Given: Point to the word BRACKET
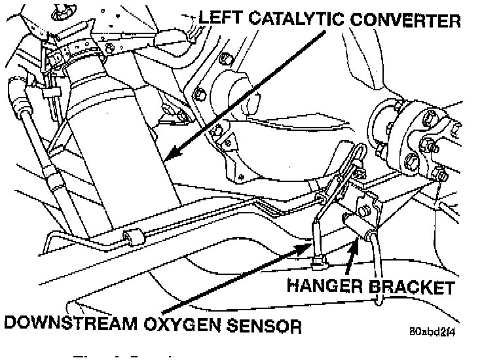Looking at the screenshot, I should (414, 287).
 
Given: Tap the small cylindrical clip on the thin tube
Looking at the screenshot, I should (133, 237).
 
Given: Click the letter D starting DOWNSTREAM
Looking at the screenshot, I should (12, 323).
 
